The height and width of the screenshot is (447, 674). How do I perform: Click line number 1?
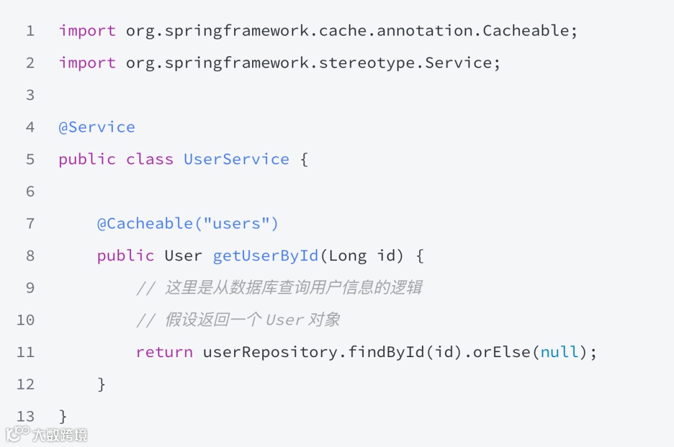31,31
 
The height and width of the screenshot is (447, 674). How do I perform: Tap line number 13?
26,416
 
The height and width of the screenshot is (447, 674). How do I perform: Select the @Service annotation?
97,127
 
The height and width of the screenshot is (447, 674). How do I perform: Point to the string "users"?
237,223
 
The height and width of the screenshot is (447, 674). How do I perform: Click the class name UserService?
237,159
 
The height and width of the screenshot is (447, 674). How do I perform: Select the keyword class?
150,159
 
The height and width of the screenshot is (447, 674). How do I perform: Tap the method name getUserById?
266,256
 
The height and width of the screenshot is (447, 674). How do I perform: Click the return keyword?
164,352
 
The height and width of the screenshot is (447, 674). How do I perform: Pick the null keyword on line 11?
560,352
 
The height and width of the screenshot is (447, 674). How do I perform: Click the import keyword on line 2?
87,63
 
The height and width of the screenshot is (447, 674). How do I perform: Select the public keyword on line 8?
125,256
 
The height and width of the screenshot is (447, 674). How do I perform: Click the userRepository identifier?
270,352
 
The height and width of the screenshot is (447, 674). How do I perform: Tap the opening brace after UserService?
304,159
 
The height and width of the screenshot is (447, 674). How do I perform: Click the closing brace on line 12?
102,384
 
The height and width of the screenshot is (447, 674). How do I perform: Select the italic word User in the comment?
285,320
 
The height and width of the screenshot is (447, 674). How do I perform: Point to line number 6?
31,192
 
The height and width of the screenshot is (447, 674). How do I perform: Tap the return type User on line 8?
183,256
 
